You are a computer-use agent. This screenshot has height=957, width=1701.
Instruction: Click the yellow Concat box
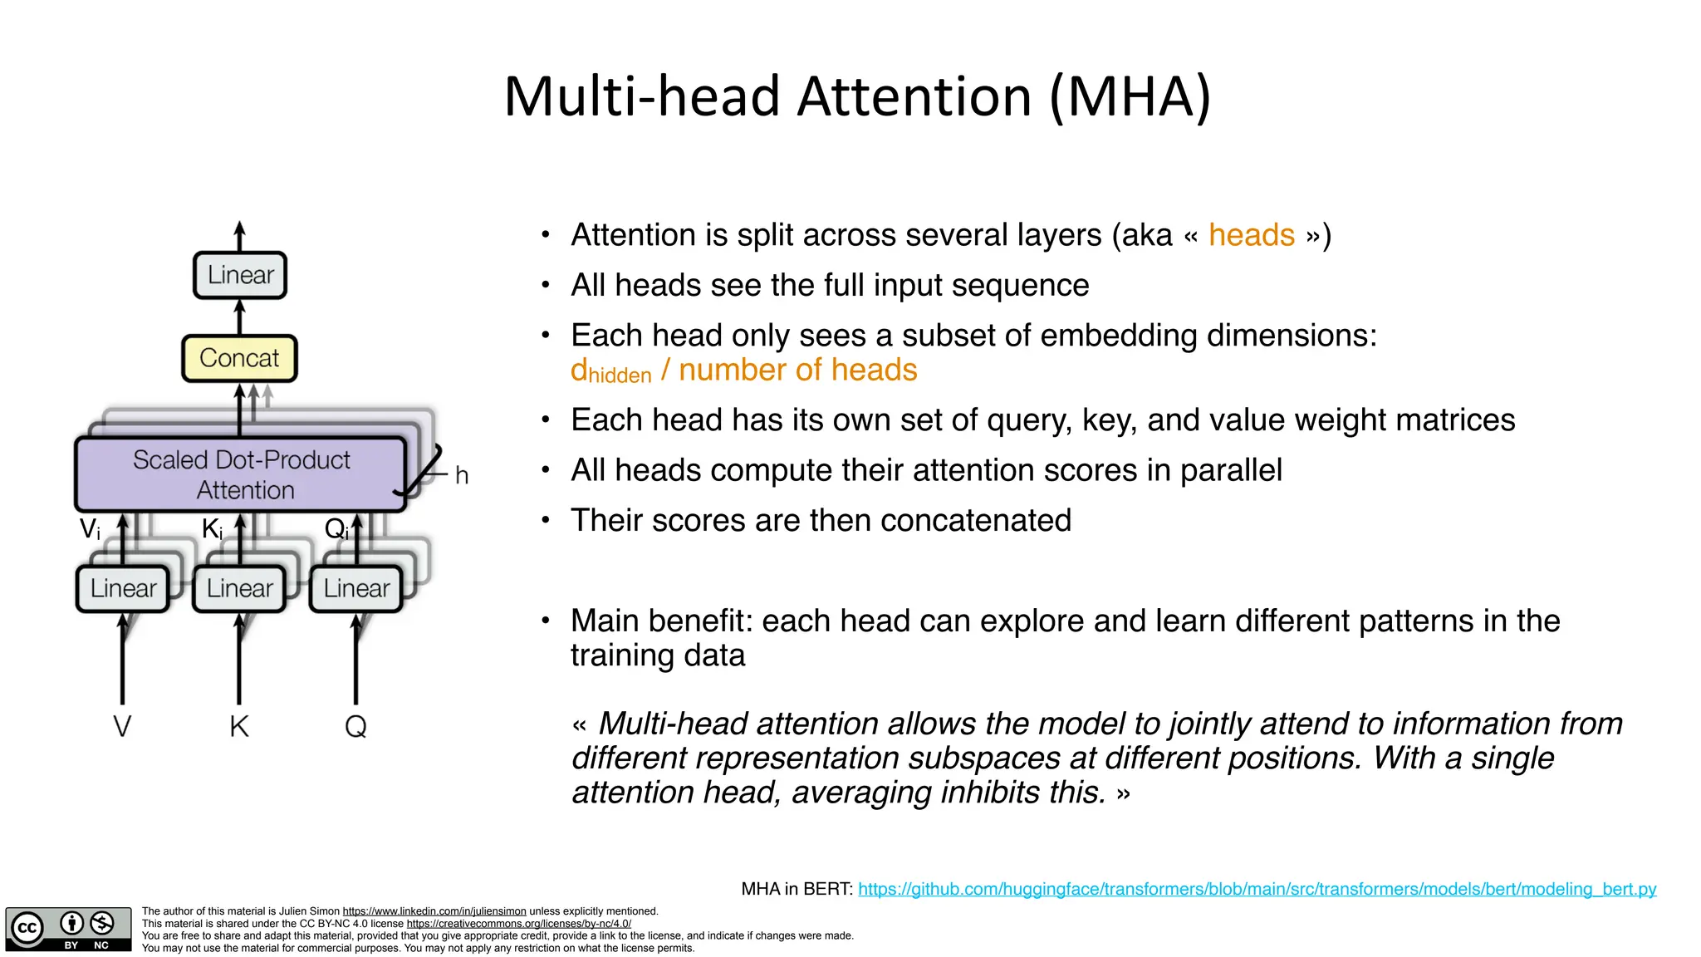click(239, 358)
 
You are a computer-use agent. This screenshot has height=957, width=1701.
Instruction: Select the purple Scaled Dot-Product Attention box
click(241, 474)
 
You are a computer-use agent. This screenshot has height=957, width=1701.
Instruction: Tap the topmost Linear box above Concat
click(240, 275)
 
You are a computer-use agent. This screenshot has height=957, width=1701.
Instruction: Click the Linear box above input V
click(123, 588)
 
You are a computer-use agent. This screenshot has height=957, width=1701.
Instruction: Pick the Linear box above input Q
click(356, 588)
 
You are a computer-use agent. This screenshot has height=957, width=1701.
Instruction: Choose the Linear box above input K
click(239, 588)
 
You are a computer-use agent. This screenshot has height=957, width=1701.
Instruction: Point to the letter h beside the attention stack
click(462, 476)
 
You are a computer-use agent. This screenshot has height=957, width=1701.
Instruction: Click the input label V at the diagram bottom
click(122, 727)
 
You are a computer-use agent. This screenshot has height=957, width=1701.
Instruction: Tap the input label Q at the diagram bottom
click(355, 727)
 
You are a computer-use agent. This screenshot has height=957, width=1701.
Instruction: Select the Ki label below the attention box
click(213, 529)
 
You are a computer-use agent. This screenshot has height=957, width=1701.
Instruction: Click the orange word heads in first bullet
click(1251, 235)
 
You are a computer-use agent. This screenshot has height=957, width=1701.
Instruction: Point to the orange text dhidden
click(610, 371)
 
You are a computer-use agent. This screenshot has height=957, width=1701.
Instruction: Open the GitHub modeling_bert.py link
click(1257, 889)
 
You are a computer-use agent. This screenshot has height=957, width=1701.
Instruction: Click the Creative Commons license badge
click(68, 929)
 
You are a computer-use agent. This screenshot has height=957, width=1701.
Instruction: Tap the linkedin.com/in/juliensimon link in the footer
click(434, 911)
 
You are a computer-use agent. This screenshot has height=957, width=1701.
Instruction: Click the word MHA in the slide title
click(1130, 96)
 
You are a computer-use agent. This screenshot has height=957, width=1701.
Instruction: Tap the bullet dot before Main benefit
click(546, 621)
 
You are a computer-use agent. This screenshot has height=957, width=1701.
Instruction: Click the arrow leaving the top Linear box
click(239, 235)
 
